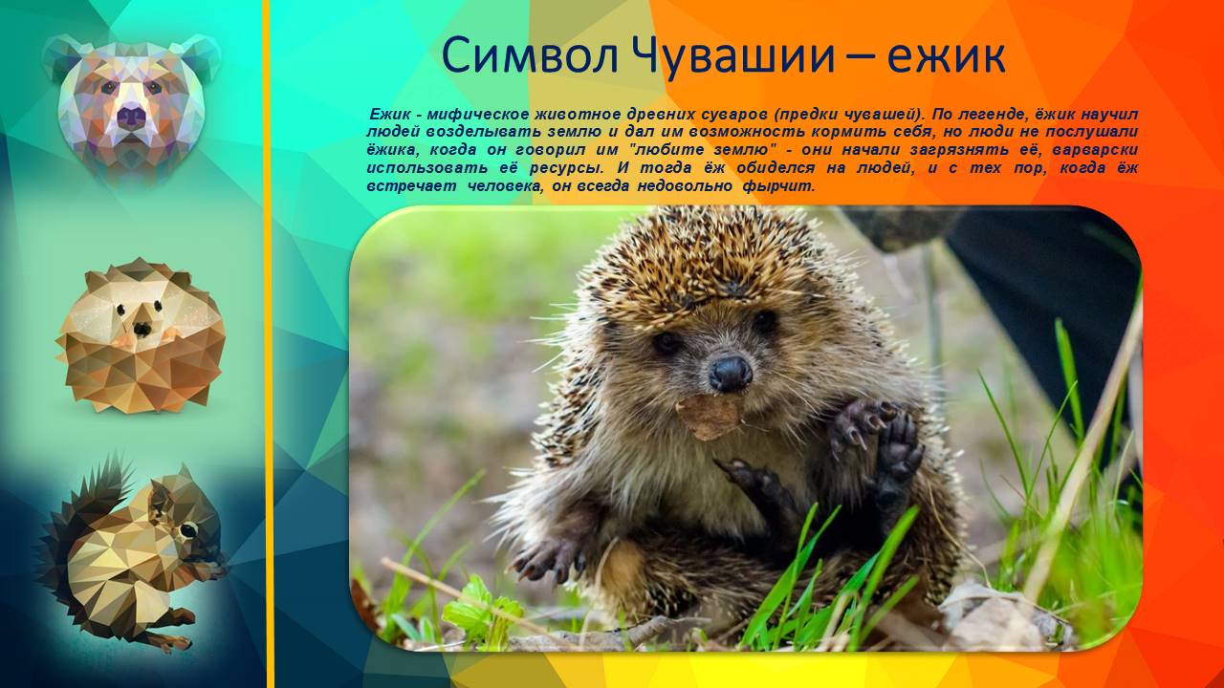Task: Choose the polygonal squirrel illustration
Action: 134,554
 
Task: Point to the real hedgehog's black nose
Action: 731,371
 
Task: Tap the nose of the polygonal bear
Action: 131,117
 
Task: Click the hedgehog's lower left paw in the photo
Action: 550,560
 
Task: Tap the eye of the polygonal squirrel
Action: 188,528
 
